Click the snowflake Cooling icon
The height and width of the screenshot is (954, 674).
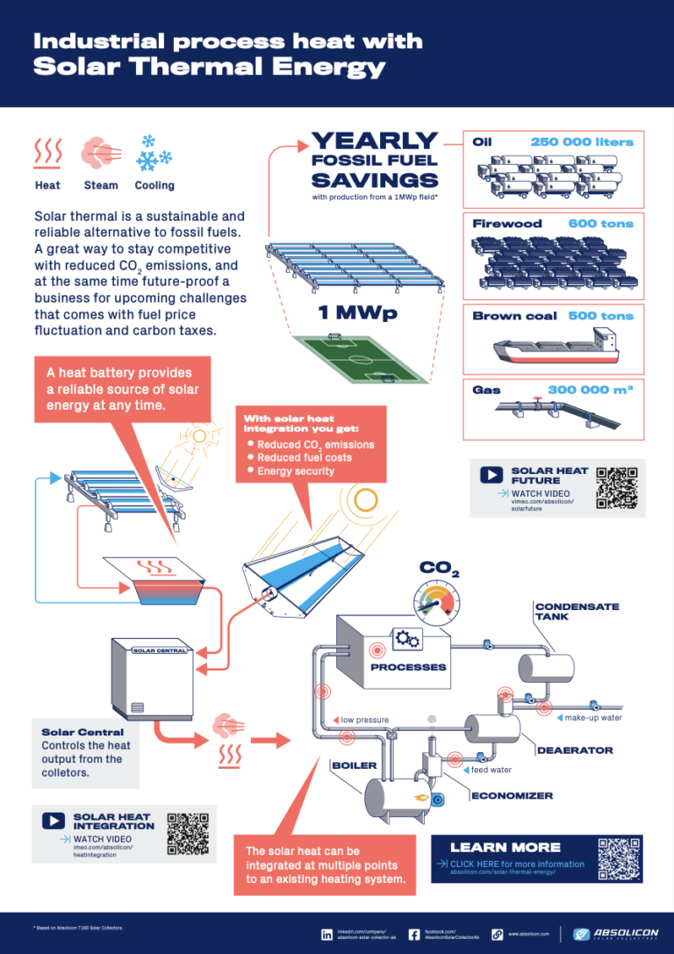(x=154, y=154)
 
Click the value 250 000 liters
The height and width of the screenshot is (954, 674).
(x=581, y=142)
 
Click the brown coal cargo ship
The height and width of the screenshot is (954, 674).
(x=555, y=347)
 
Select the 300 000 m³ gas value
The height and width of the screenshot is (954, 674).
(x=590, y=390)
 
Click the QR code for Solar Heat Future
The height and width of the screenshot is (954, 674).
(x=615, y=488)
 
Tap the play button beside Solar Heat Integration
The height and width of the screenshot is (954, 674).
(x=54, y=821)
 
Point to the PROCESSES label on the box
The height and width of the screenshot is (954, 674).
(x=408, y=667)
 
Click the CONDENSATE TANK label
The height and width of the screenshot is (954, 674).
(x=577, y=612)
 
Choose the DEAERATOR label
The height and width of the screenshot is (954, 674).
(x=574, y=750)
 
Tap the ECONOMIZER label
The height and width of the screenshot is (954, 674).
(x=512, y=796)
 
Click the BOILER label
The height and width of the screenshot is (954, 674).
(x=354, y=765)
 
